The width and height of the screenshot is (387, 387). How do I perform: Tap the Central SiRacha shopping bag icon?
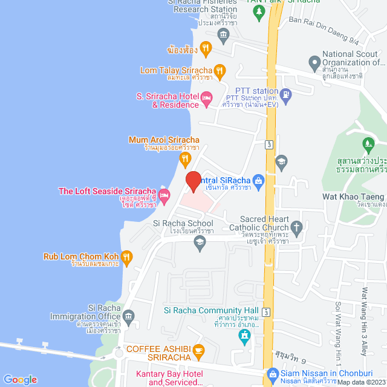point(258,180)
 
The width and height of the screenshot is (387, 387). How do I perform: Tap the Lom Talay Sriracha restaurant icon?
point(220,71)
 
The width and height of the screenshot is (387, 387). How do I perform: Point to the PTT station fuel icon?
point(286,94)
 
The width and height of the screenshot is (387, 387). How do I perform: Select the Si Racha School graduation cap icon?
point(199,242)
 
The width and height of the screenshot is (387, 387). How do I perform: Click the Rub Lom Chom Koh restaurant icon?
point(126,257)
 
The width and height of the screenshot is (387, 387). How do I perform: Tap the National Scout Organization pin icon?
point(314,62)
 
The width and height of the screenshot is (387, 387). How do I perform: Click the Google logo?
point(20,379)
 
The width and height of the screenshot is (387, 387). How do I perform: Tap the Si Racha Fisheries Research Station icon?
point(223,33)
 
